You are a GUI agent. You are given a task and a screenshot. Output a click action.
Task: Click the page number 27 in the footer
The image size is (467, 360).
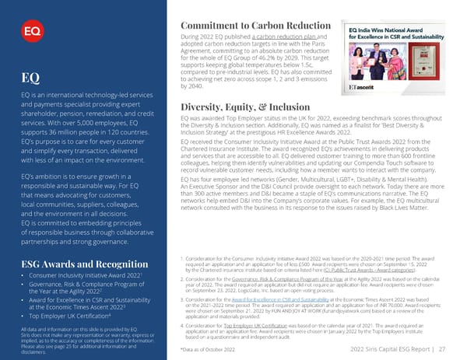441,350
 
